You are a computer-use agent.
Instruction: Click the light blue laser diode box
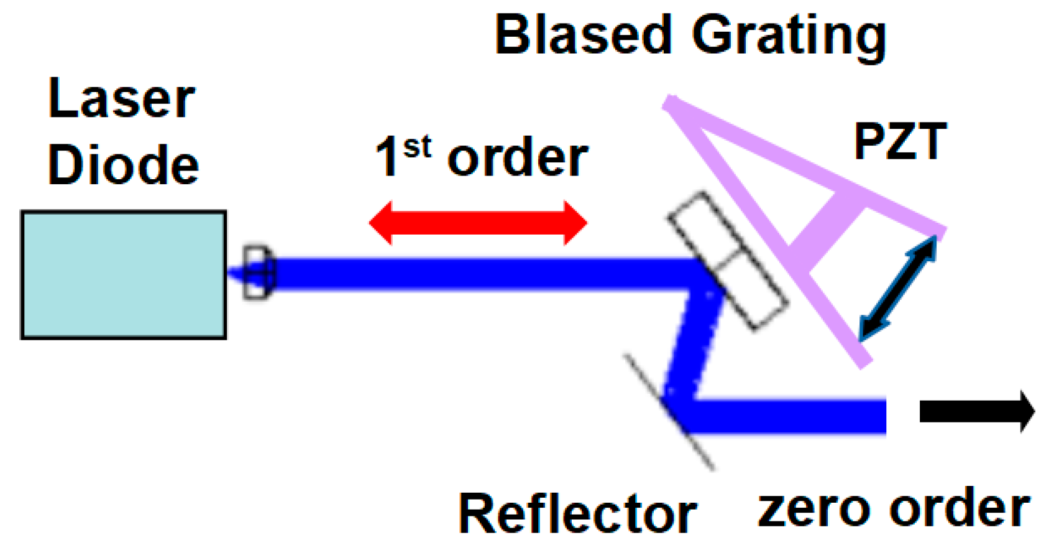coord(123,275)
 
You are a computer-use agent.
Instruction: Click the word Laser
coord(122,99)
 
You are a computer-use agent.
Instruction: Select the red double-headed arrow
coord(477,223)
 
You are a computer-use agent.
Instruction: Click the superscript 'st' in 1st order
coord(417,147)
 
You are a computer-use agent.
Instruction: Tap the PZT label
coord(900,142)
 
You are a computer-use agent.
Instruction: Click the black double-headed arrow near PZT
coord(897,287)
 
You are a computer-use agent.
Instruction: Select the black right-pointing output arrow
coord(976,411)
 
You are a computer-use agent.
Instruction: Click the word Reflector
coord(577,514)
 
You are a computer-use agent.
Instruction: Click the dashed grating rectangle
coord(727,260)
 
